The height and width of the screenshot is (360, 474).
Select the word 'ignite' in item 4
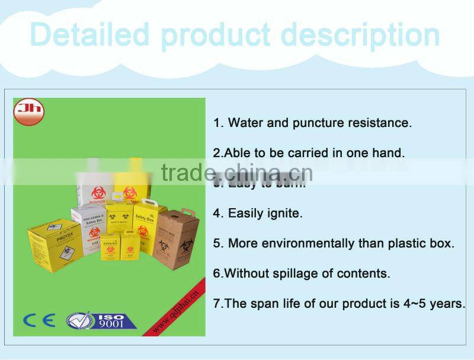(x=284, y=213)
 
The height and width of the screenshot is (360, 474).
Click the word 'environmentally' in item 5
(x=307, y=243)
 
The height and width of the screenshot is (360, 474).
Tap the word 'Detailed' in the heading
(x=89, y=34)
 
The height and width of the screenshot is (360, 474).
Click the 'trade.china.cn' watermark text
(x=236, y=173)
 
